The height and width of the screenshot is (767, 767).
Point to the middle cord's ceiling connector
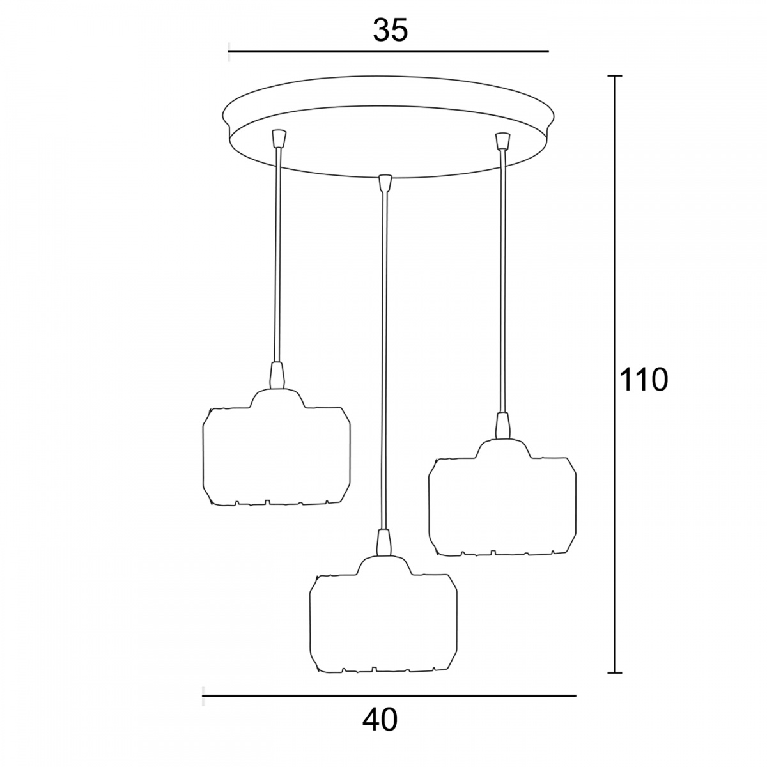tap(384, 183)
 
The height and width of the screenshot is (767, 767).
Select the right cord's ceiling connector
tap(503, 141)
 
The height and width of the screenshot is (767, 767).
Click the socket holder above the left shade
tap(277, 375)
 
